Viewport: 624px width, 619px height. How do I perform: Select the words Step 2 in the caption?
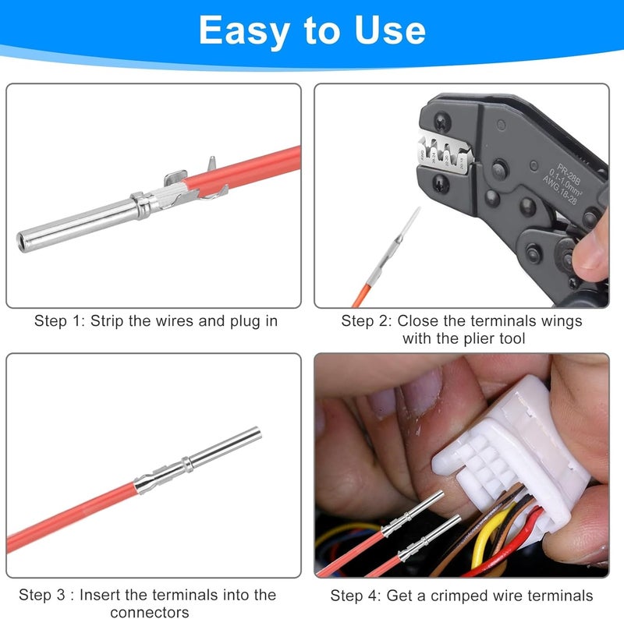367,320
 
